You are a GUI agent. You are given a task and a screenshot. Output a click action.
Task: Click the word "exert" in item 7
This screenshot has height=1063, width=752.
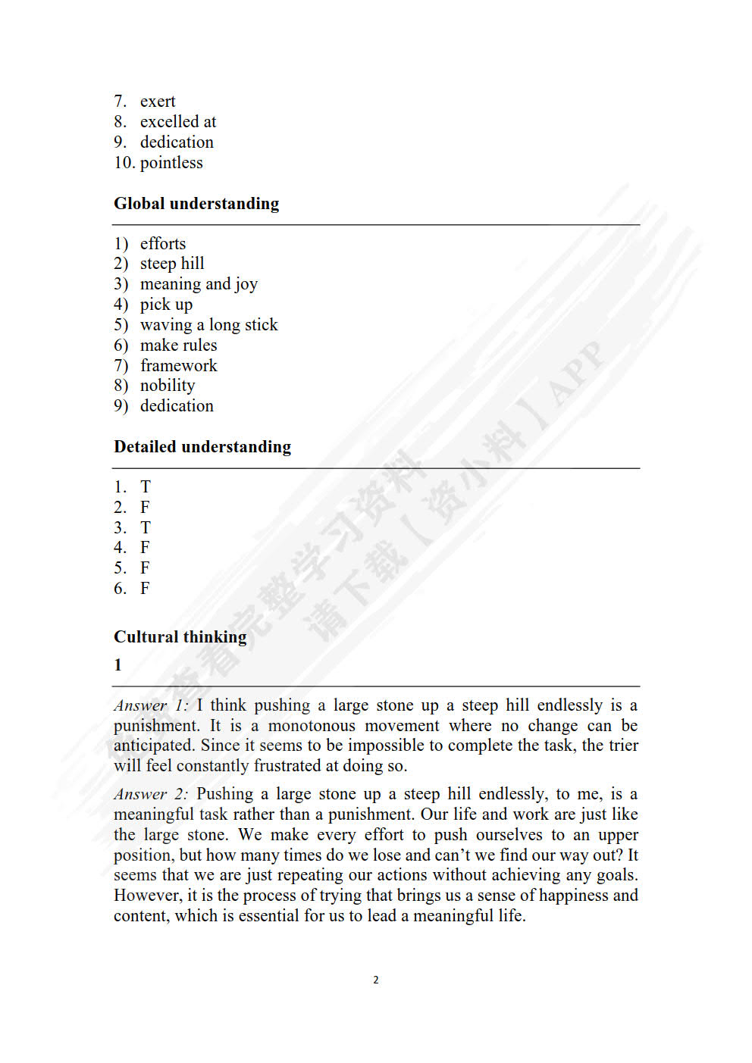point(158,102)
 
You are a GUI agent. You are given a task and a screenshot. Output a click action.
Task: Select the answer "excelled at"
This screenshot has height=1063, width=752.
point(178,122)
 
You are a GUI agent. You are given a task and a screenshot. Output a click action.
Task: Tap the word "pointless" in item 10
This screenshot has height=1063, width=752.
point(171,163)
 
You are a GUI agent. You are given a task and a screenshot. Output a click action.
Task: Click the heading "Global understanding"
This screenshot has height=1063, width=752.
point(196,204)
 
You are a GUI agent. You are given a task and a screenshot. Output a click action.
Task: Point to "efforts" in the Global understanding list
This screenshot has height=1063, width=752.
point(163,244)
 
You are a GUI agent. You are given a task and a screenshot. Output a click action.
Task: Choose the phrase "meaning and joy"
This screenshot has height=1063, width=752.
point(199,284)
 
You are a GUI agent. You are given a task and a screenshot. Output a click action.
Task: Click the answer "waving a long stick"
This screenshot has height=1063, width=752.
point(208,325)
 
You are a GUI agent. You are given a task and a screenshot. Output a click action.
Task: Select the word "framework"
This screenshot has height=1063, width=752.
point(178,366)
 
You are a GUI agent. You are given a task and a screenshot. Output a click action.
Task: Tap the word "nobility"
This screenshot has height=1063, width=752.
point(168,386)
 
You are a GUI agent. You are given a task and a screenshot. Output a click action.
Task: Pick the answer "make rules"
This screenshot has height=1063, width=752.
point(178,345)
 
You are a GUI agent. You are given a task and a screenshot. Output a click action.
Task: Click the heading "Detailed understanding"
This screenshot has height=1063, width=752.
point(202,447)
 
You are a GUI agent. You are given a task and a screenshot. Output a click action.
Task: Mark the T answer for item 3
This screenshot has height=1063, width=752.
point(146,528)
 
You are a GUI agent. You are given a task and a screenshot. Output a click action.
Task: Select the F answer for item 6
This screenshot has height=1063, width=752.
point(145,589)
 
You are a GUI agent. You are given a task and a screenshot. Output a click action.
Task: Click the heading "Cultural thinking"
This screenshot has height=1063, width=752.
point(180,637)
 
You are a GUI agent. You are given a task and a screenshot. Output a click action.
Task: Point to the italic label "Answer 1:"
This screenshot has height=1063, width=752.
point(150,706)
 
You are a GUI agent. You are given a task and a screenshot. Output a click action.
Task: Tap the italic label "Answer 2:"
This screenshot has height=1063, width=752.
point(150,795)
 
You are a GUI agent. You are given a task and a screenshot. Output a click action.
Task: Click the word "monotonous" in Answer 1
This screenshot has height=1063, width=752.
point(312,726)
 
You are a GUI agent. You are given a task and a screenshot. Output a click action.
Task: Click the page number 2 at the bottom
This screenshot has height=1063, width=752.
point(376,980)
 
